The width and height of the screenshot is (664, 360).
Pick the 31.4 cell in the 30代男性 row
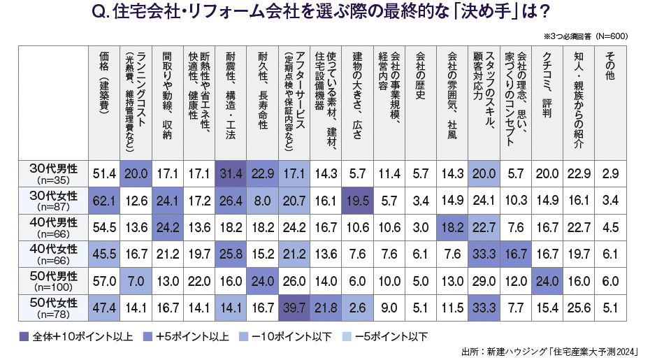230,173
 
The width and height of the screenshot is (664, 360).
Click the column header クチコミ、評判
547,84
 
